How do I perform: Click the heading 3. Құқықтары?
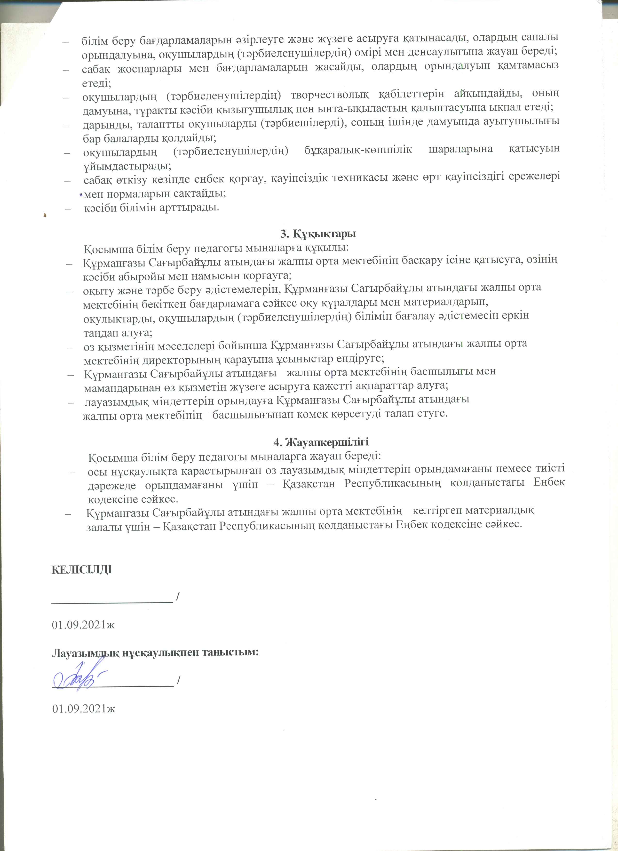click(x=318, y=233)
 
